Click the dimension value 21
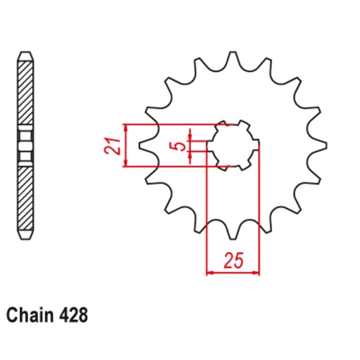110,146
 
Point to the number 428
74,315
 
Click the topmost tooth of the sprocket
232,60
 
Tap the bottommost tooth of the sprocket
232,230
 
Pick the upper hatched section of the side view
26,90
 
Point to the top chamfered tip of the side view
26,55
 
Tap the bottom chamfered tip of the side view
26,235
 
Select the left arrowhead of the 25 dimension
210,274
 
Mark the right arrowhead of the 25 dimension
256,274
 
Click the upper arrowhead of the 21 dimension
127,127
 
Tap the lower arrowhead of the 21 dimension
127,164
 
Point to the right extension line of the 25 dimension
259,216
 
